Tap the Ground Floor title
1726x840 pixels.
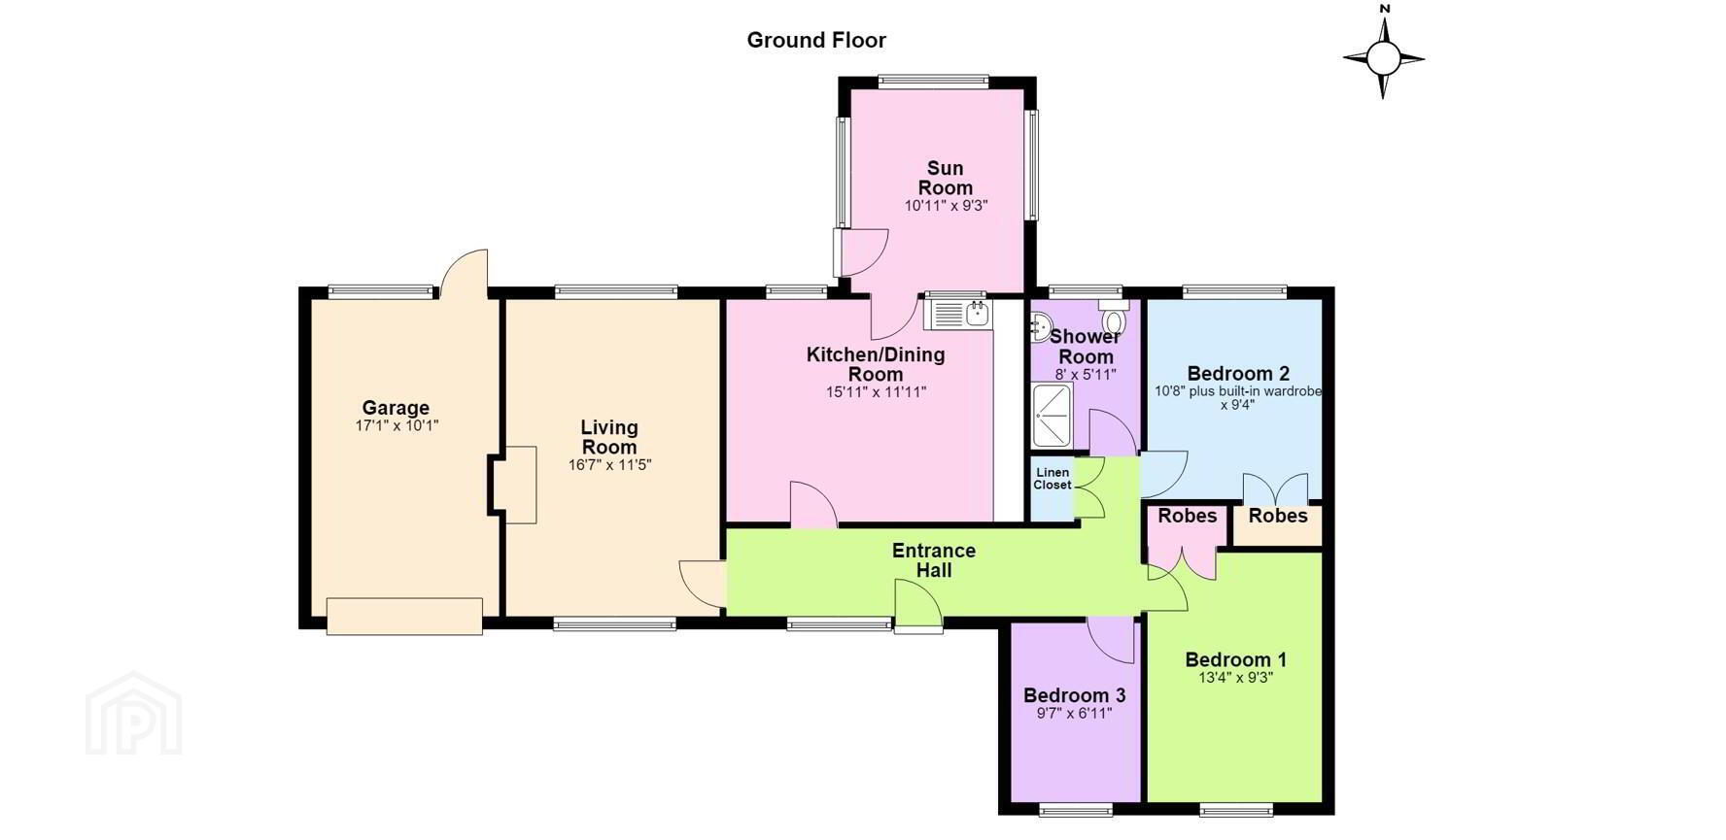(816, 40)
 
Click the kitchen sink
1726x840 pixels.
(958, 314)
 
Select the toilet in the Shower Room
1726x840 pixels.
(1114, 319)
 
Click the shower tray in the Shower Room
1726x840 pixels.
(1053, 415)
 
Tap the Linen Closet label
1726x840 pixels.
(1053, 479)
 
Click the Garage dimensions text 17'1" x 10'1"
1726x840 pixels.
(397, 425)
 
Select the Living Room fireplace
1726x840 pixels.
(513, 485)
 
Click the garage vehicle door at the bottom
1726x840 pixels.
(404, 617)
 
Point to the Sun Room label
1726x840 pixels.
(946, 178)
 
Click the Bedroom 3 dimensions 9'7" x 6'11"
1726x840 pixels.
(1074, 713)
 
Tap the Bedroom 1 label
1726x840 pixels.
(1235, 660)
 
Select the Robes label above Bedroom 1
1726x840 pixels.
(1188, 516)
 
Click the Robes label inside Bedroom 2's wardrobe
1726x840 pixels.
(1278, 516)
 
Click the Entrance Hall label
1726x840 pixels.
(934, 560)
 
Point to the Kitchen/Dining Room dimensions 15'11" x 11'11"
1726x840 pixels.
(876, 392)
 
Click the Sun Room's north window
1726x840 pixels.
(934, 82)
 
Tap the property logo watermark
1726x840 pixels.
(133, 714)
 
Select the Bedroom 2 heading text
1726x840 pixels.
(1238, 374)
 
